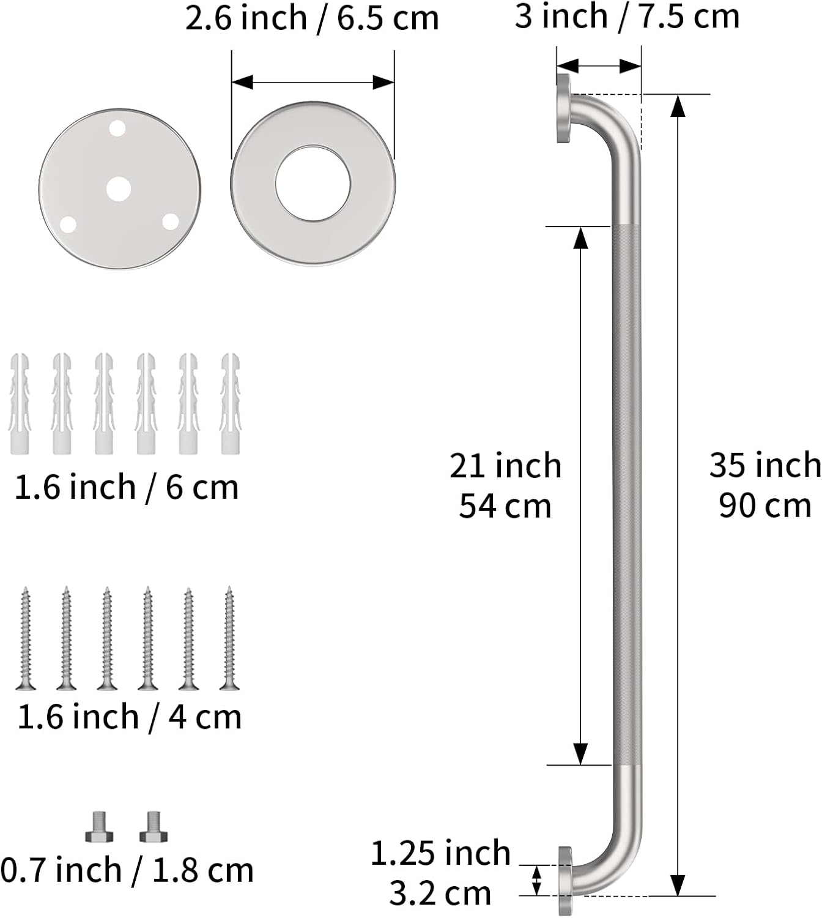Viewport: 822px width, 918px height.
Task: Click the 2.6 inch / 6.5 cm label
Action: point(312,18)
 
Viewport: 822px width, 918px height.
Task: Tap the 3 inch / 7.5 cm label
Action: point(627,16)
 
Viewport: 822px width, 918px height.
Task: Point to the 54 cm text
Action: point(505,507)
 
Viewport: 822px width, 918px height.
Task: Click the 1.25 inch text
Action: point(440,853)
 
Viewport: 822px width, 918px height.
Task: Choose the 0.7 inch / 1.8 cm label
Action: point(127,870)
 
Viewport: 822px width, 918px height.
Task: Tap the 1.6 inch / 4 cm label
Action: point(129,717)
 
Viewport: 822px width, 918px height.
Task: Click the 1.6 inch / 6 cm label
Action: point(126,487)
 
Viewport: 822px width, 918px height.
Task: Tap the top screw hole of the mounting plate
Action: point(117,129)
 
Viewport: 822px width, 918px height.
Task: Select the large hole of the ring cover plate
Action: point(313,184)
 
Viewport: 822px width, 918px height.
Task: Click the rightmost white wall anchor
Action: point(230,404)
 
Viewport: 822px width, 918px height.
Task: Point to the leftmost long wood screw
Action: point(25,638)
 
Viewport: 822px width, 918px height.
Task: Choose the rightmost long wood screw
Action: point(229,638)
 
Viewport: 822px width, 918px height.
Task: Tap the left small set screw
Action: point(99,827)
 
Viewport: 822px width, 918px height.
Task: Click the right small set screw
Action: point(154,827)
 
